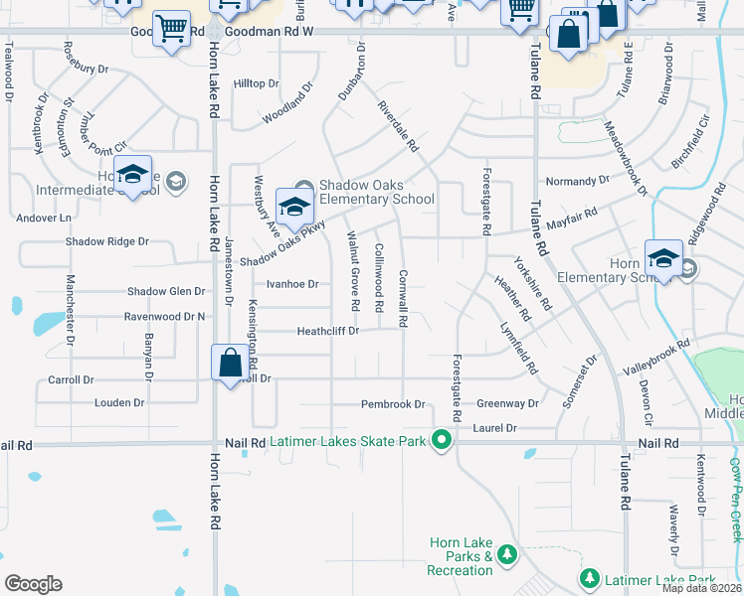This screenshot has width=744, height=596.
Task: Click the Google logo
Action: point(33,583)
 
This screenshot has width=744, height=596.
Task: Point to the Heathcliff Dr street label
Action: point(327,331)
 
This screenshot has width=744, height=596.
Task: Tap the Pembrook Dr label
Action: point(393,404)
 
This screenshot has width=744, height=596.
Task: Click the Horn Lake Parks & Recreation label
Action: point(460,556)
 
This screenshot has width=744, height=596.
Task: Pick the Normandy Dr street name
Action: point(578,181)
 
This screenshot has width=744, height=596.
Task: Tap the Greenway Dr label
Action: point(507,404)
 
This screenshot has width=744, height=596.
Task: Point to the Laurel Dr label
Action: point(496,428)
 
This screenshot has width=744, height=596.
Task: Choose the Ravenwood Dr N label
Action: point(164,317)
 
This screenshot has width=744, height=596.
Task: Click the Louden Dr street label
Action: point(119,403)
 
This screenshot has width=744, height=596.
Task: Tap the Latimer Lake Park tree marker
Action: point(590,578)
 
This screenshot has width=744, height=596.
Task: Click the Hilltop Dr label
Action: point(257,83)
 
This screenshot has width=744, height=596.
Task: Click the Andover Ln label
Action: point(46,218)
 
